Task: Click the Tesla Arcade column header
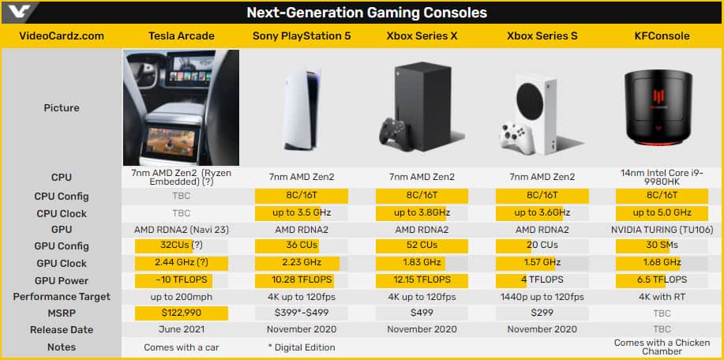pos(182,36)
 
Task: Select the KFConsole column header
pos(662,36)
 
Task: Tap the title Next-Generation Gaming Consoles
pos(366,13)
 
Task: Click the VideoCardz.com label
pos(62,36)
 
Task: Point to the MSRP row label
pos(62,313)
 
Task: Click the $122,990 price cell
pos(182,313)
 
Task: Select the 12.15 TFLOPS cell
pos(422,280)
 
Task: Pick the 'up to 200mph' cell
pos(182,297)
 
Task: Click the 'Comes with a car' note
pos(182,347)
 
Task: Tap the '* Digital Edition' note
pos(302,347)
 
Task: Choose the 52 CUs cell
pos(422,245)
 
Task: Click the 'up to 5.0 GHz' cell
pos(662,213)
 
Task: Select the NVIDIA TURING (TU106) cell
pos(662,230)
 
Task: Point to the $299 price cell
pos(542,313)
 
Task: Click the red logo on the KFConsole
pos(658,99)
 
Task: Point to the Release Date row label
pos(62,330)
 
